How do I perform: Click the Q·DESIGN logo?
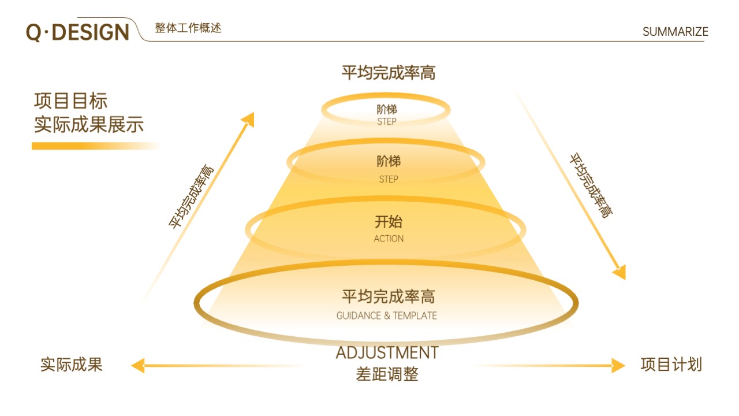point(77,32)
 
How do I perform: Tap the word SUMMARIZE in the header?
point(675,32)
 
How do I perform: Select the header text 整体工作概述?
point(188,28)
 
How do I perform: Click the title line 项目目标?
point(70,101)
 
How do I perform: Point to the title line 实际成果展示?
point(89,124)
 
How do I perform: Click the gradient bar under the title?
point(96,146)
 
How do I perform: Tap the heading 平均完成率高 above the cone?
point(389,73)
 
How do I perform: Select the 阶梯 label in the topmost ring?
point(387,109)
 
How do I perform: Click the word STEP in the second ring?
point(389,179)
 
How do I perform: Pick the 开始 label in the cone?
point(389,222)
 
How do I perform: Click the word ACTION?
point(389,239)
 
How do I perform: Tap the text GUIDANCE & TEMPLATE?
point(386,315)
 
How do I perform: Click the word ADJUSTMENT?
point(387,353)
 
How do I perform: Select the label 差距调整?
point(387,374)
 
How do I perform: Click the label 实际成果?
point(71,365)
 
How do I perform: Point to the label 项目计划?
point(671,365)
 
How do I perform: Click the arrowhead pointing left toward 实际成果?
point(138,366)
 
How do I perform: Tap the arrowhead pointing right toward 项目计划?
point(618,366)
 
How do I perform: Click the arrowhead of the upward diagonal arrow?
point(249,119)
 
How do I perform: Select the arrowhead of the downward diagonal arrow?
point(620,273)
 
